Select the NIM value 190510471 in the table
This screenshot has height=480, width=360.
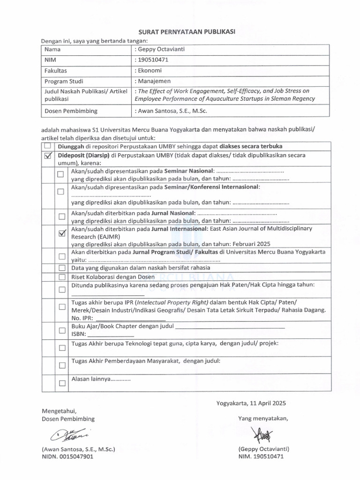click(x=153, y=60)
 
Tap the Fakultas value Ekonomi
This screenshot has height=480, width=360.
click(x=150, y=70)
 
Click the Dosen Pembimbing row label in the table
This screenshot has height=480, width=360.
click(x=71, y=111)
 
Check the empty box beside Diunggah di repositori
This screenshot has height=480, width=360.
click(x=47, y=146)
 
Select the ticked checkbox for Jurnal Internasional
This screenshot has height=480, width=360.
click(x=61, y=234)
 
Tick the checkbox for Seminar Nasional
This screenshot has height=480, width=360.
click(x=61, y=174)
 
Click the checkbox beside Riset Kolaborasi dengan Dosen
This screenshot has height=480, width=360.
click(x=61, y=277)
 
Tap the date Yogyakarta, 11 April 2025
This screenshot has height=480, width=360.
click(x=251, y=403)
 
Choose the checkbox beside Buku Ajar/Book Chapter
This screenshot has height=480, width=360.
click(x=61, y=330)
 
